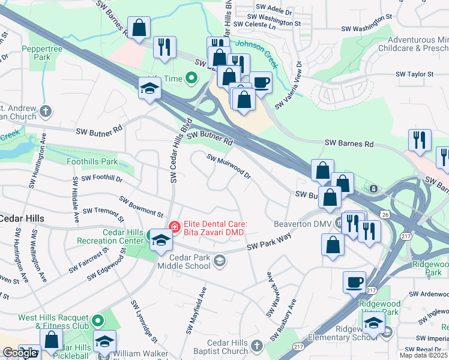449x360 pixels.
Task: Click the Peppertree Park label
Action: (38, 53)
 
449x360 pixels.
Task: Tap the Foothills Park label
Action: (92, 161)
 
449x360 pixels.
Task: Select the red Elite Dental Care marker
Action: (174, 227)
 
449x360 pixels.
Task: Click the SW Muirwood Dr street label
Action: (229, 166)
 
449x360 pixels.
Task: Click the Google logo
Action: (20, 353)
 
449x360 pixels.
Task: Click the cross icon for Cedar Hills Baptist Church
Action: (256, 346)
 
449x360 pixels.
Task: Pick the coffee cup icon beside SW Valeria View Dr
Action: (261, 82)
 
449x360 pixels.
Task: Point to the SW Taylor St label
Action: (414, 74)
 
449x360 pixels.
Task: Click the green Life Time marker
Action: (191, 78)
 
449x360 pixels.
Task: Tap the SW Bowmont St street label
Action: (141, 206)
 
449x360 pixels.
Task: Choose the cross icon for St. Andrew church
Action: (46, 111)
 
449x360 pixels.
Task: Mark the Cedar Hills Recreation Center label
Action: (111, 237)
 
